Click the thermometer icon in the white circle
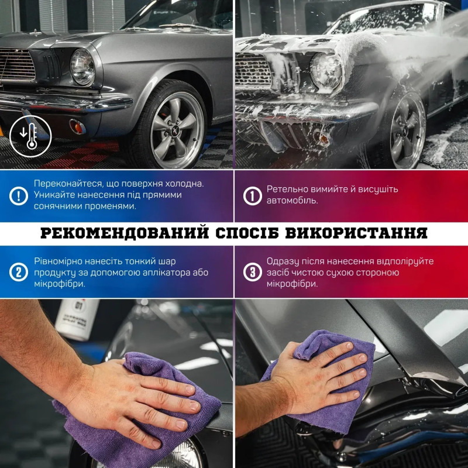[x=30, y=136]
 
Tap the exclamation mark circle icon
[x=19, y=196]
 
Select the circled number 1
[x=253, y=196]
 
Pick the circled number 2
[x=19, y=272]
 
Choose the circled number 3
[x=253, y=272]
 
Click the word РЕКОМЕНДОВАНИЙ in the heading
[x=125, y=233]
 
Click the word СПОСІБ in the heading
[x=247, y=233]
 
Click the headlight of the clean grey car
[x=82, y=67]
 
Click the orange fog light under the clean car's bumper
[x=78, y=126]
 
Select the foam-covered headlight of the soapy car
[x=326, y=71]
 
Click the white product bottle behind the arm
[x=77, y=319]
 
